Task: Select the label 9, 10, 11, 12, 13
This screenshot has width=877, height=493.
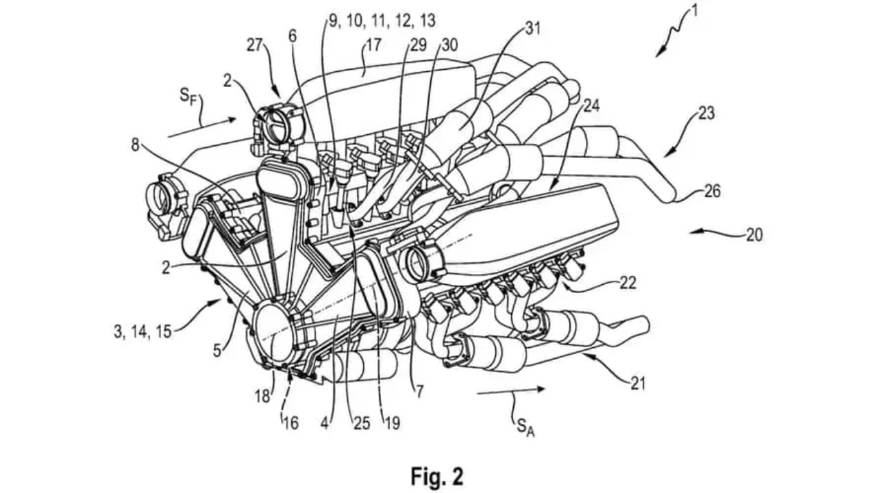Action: tap(381, 21)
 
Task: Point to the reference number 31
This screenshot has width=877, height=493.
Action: tap(532, 28)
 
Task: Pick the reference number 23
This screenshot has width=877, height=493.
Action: tap(706, 113)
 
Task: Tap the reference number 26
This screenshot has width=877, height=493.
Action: tap(712, 191)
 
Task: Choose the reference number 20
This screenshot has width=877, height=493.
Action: tap(753, 235)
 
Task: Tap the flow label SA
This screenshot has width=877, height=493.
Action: tap(522, 427)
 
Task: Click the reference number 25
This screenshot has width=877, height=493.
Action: tap(362, 423)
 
